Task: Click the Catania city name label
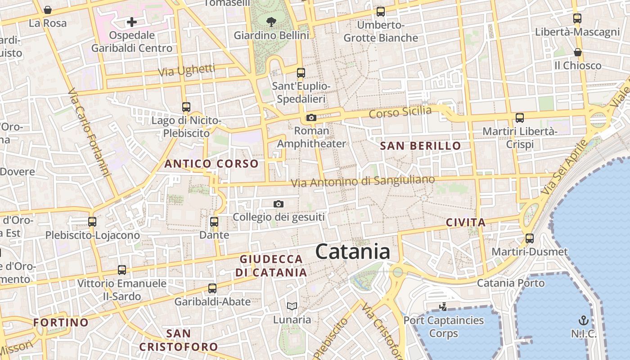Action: coord(352,251)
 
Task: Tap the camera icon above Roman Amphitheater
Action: coord(311,118)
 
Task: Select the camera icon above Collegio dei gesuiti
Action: coord(279,204)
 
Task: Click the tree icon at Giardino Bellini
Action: coord(271,21)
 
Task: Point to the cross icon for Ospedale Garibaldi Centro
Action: coord(132,22)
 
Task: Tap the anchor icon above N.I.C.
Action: coord(583,320)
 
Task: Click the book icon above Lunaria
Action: coord(292,306)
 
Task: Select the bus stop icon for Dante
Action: coord(214,221)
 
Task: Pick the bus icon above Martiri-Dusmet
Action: coord(530,238)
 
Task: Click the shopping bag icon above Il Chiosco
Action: coord(578,52)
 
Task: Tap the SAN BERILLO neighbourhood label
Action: coord(420,146)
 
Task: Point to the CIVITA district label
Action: coord(466,222)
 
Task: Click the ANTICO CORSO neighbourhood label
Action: coord(211,164)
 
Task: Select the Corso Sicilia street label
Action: coord(400,112)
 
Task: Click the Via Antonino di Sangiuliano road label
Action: coord(363,181)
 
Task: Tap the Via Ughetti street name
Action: coord(186,70)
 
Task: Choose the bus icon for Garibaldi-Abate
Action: coord(212,288)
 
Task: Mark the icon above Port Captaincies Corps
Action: coord(443,307)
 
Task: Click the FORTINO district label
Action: coord(61,322)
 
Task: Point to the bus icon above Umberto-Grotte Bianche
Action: coord(381,12)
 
